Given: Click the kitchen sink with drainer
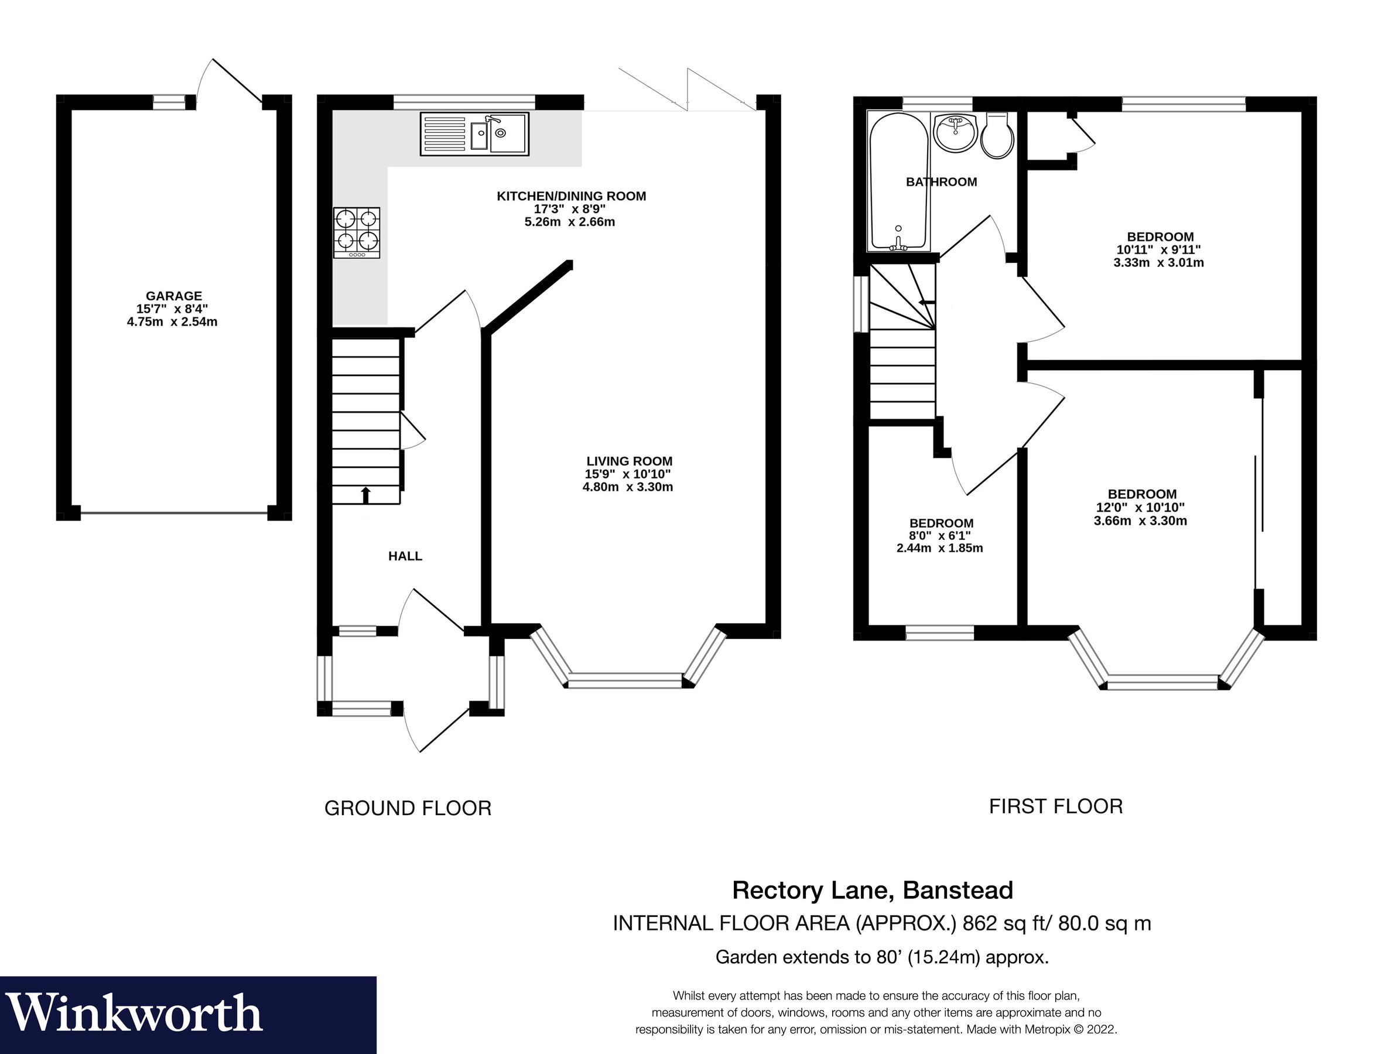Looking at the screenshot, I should [x=474, y=134].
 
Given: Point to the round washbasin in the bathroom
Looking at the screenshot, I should [x=955, y=132].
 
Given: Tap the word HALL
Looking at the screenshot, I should [x=405, y=556].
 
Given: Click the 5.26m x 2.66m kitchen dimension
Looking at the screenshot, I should [x=570, y=222].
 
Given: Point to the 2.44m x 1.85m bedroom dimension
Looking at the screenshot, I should [x=939, y=548].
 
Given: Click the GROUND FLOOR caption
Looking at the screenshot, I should [x=408, y=808].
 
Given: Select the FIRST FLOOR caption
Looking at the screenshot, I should [x=1055, y=806].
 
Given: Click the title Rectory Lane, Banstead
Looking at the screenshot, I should [x=873, y=889].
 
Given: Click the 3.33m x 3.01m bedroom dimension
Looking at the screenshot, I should [x=1158, y=263].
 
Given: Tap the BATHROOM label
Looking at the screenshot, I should [x=941, y=182].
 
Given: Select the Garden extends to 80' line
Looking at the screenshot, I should [x=882, y=957].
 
